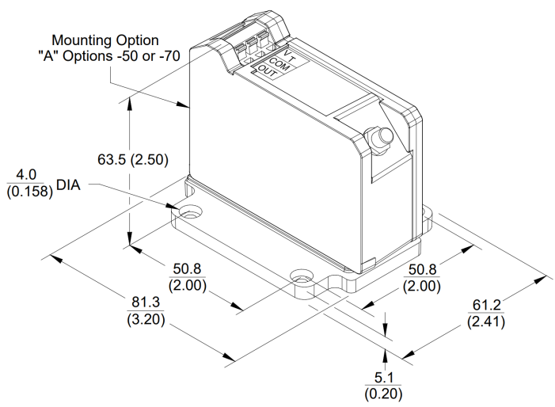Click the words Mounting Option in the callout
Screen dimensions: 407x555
coord(105,39)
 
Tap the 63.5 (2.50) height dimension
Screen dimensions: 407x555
coord(131,159)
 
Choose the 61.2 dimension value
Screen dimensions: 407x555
coord(485,304)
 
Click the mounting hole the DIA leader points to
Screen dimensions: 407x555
coord(191,213)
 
